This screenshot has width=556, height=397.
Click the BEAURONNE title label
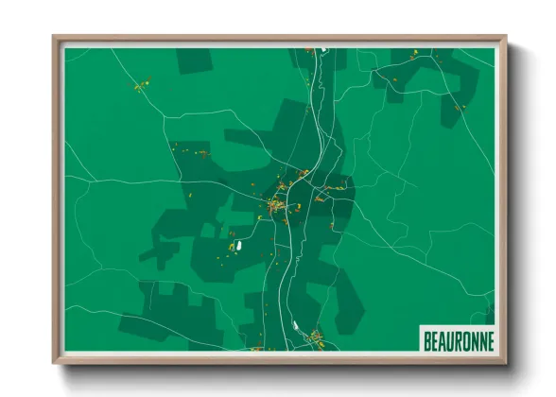[458, 338]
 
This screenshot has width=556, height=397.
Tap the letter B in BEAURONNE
[427, 338]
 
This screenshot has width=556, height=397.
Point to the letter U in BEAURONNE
[450, 338]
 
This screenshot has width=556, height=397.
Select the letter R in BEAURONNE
[459, 338]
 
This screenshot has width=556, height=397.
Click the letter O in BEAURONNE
[466, 338]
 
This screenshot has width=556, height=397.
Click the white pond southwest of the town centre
[239, 245]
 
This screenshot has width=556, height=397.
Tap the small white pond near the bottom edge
[296, 327]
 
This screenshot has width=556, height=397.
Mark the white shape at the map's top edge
[322, 50]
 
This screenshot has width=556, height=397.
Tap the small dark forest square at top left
[194, 60]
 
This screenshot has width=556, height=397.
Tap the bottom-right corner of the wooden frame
[506, 362]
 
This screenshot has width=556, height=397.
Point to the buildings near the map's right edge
[459, 108]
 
